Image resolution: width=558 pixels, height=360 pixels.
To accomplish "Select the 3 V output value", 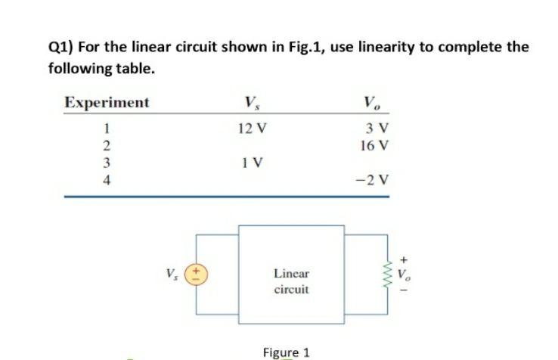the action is tap(376, 128).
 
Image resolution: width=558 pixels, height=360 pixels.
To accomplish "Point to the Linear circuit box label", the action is tap(291, 281).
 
